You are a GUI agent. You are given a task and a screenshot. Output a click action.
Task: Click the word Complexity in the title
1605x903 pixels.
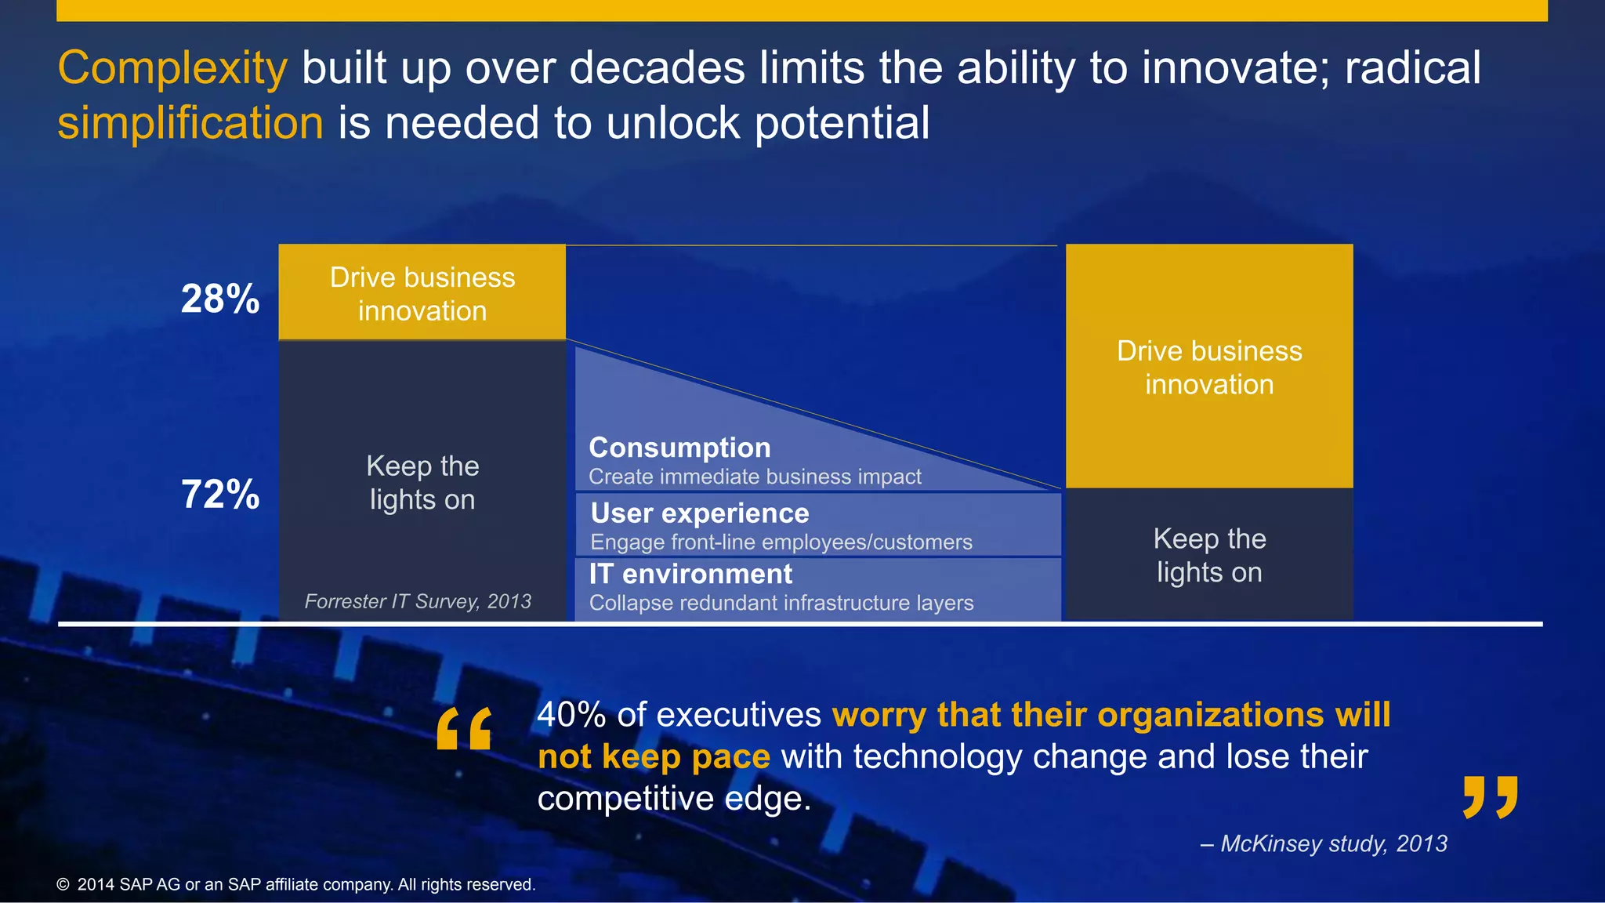pos(172,69)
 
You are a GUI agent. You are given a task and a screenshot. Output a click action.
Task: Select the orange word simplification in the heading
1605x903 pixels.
pos(190,124)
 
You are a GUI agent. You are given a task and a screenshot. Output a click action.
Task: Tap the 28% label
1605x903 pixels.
pos(220,299)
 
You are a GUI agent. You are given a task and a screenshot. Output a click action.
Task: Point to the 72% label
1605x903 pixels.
pos(220,495)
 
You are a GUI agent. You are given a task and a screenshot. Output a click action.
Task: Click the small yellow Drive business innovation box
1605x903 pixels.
pos(422,293)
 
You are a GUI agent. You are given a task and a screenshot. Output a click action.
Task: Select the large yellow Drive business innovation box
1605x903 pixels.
pos(1209,367)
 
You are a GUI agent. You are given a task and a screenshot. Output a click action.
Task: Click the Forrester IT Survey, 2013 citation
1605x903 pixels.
pos(418,601)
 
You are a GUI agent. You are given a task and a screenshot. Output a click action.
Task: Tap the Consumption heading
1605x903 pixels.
pos(679,448)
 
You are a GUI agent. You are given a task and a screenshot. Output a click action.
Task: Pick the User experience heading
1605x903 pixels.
pos(700,513)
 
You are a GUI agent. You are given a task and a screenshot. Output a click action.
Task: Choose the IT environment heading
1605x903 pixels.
pos(690,574)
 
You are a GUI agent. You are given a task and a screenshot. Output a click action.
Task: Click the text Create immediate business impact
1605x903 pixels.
pos(755,477)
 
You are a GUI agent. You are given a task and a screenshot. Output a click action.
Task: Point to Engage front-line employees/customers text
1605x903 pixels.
pos(781,542)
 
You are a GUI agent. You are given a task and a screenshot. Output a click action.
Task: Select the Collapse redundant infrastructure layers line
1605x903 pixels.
pos(781,603)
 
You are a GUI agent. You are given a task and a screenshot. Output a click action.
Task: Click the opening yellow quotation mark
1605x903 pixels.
pos(464,728)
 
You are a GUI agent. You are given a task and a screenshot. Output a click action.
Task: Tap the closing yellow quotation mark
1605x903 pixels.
pos(1491,797)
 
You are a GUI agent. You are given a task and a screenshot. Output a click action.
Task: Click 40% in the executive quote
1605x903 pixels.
pos(571,715)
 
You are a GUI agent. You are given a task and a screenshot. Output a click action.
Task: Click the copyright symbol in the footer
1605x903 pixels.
pos(63,885)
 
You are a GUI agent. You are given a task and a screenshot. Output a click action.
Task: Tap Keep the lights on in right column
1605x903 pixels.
pos(1209,555)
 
